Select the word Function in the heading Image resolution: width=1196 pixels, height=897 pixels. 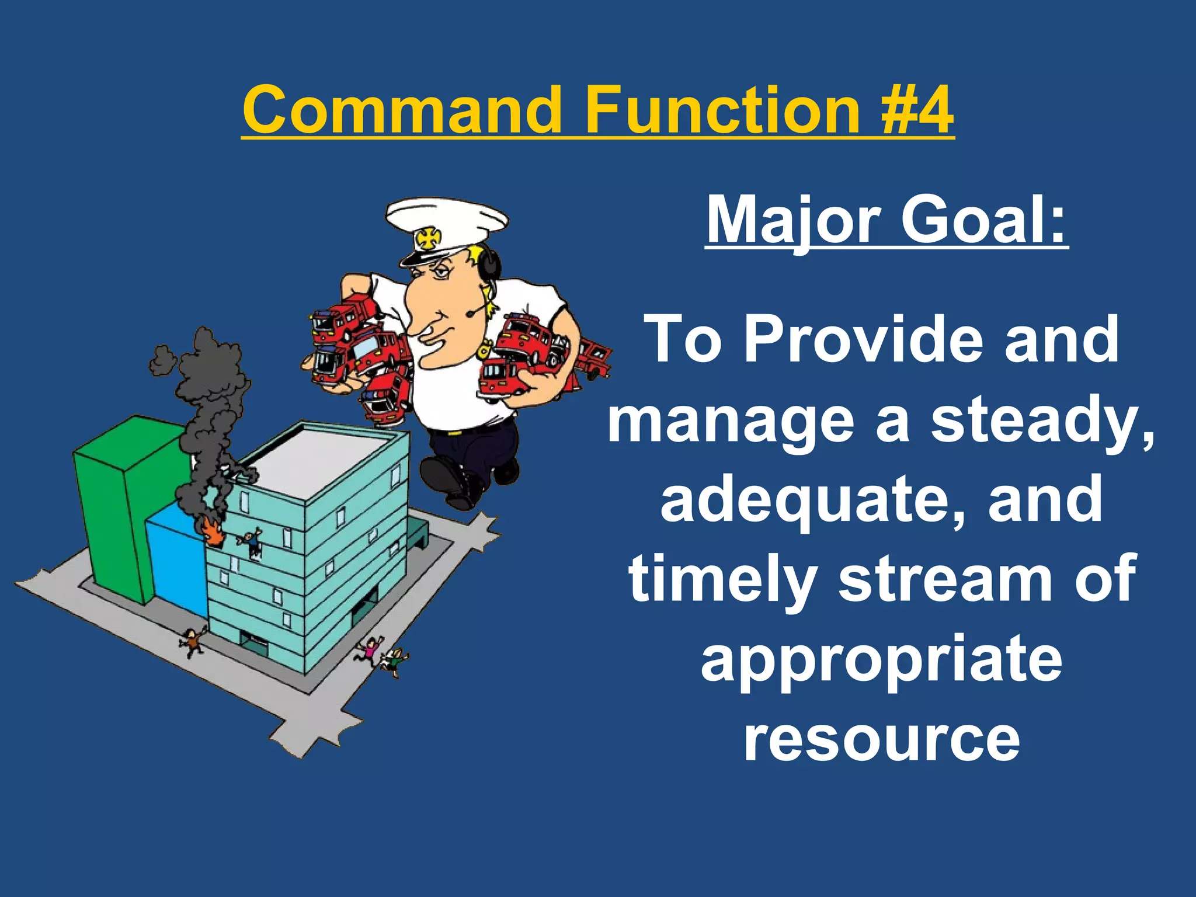point(722,110)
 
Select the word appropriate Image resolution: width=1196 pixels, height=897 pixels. point(881,660)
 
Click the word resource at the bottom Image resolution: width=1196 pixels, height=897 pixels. point(881,739)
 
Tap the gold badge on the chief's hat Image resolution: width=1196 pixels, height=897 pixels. point(427,238)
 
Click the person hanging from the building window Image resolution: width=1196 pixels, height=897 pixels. point(252,543)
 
